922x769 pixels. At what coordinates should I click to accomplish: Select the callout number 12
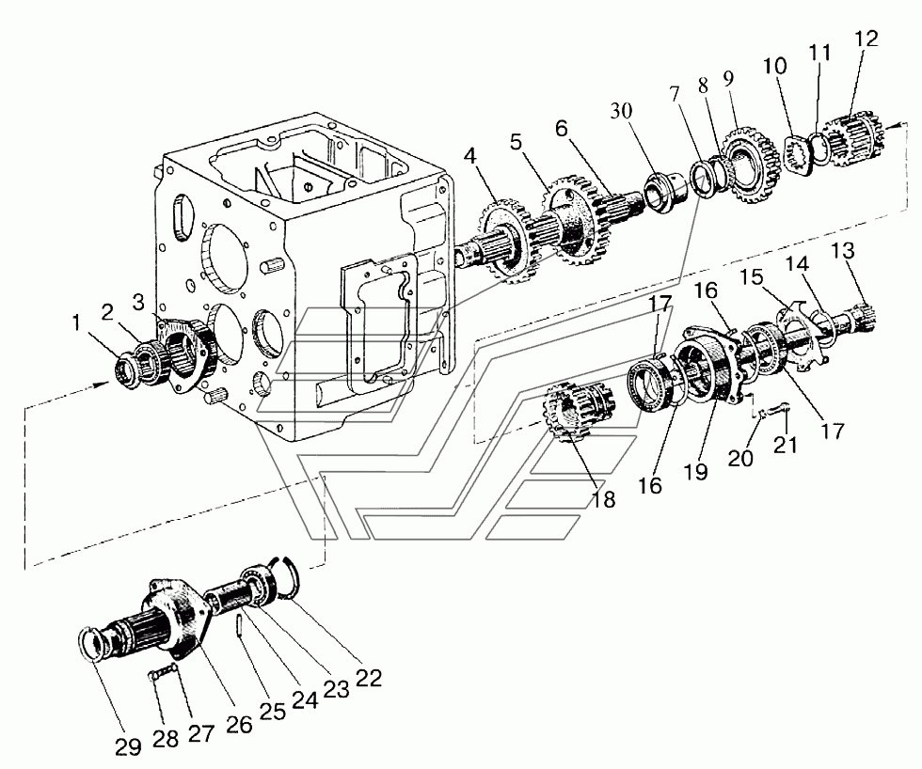[866, 39]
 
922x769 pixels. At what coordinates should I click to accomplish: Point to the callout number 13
[843, 250]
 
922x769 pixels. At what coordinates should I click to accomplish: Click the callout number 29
[129, 746]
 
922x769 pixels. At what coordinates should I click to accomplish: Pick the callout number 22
[369, 678]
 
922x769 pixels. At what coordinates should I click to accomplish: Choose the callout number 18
[603, 499]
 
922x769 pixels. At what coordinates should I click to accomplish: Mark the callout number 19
[696, 472]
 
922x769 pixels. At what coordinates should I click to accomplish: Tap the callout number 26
[239, 725]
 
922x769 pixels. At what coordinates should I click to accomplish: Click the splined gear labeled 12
[852, 139]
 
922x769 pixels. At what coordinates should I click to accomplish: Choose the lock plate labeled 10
[801, 153]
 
